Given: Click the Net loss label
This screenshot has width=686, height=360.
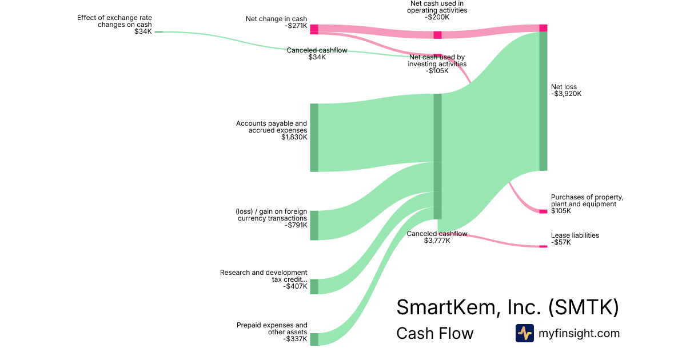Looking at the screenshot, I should [564, 87].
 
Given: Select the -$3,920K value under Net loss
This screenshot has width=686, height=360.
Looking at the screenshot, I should [566, 94].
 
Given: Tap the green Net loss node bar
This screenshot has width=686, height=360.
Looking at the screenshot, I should [543, 101].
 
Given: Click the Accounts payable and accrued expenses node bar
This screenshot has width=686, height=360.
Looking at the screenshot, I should [314, 137].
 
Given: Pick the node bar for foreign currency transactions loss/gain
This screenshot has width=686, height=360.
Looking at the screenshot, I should [314, 225].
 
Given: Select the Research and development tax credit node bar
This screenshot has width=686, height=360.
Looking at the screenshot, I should [314, 286].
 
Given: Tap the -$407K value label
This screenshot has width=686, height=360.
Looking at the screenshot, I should [295, 286].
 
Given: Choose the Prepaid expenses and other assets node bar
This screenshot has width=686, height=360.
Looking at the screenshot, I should [314, 339].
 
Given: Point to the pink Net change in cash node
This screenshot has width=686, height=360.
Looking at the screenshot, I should [314, 29].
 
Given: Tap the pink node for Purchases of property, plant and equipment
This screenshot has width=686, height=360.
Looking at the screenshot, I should [543, 211].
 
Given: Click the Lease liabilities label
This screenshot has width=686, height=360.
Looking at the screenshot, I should [575, 235].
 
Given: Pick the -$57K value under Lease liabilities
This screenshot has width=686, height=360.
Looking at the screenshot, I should [561, 242].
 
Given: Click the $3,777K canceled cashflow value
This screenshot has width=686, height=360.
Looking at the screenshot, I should [437, 241].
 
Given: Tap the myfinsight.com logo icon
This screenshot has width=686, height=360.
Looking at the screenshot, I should [524, 333].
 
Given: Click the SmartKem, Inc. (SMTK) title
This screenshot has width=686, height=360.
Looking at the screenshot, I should [507, 307].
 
